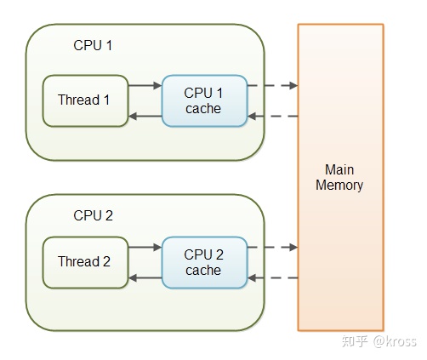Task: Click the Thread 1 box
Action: coord(85,100)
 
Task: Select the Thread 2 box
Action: coord(85,262)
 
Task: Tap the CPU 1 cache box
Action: coord(204,100)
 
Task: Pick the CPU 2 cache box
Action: coord(204,262)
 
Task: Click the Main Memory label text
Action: coord(339,178)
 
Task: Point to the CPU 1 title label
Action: coord(93,45)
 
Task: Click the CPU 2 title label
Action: coord(93,215)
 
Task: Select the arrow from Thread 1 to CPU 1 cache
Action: coord(145,85)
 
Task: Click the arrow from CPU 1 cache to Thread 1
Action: coord(145,116)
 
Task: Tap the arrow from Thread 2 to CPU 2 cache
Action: coord(145,247)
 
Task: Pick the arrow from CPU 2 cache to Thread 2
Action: coord(145,278)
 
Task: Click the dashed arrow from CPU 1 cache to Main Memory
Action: coord(273,85)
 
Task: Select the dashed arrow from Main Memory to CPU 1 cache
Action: coord(273,116)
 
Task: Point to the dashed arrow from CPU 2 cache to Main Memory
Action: coord(273,247)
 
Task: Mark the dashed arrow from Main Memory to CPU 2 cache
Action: coord(273,278)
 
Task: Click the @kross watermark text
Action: coord(395,341)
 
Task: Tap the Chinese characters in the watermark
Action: coord(355,341)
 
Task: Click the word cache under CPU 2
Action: coord(203,271)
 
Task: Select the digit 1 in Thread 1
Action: coord(106,100)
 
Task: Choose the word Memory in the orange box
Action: coord(339,186)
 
